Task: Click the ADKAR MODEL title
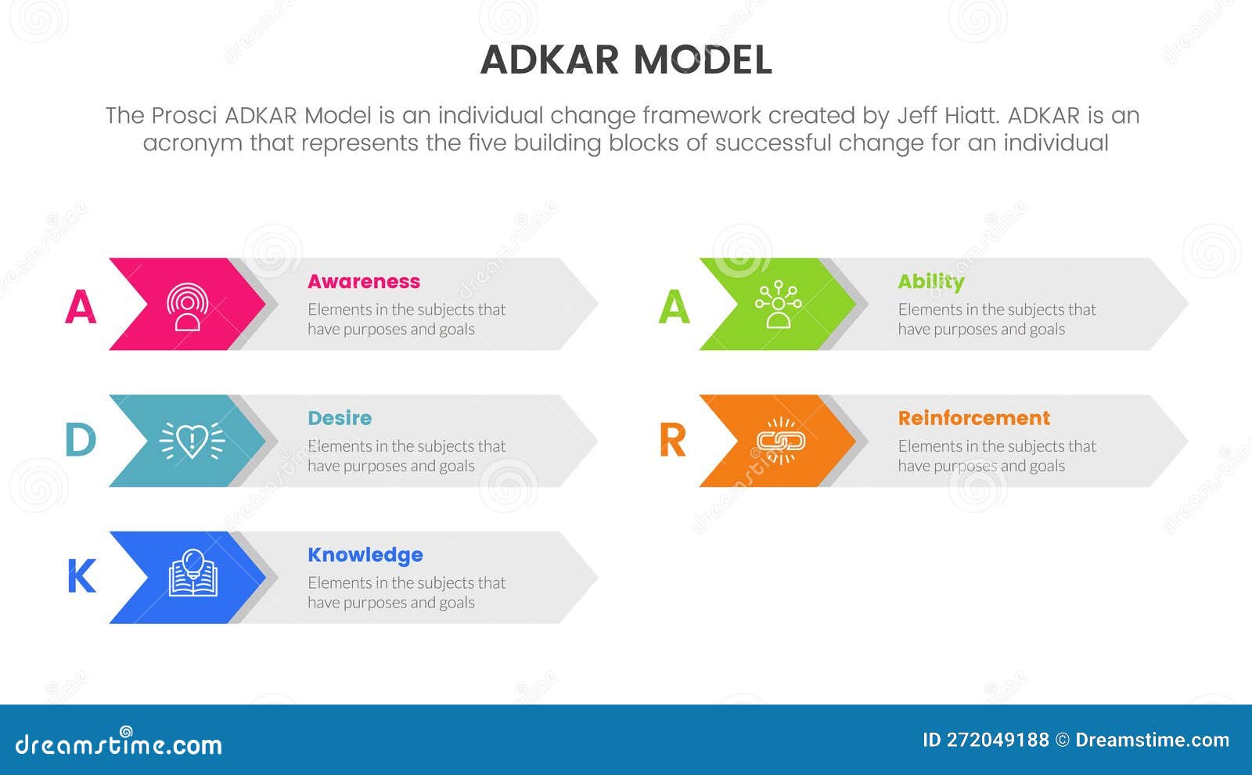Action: coord(626,60)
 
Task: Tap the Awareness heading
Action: coord(364,281)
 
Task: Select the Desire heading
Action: coord(340,418)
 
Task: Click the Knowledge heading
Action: coord(365,555)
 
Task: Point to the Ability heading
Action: coord(930,281)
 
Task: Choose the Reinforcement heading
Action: coord(973,418)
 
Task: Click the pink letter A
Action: coord(81,307)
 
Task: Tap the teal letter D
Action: coord(81,441)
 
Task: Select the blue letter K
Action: coord(81,577)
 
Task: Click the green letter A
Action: coord(674,307)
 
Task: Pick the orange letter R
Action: coord(673,441)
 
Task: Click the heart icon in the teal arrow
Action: coord(192,441)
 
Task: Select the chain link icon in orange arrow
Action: coord(780,441)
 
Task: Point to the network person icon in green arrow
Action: coord(778,304)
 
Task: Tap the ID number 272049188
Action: coord(997,740)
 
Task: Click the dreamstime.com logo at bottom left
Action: coord(119,744)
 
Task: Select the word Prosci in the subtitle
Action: coord(185,116)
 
